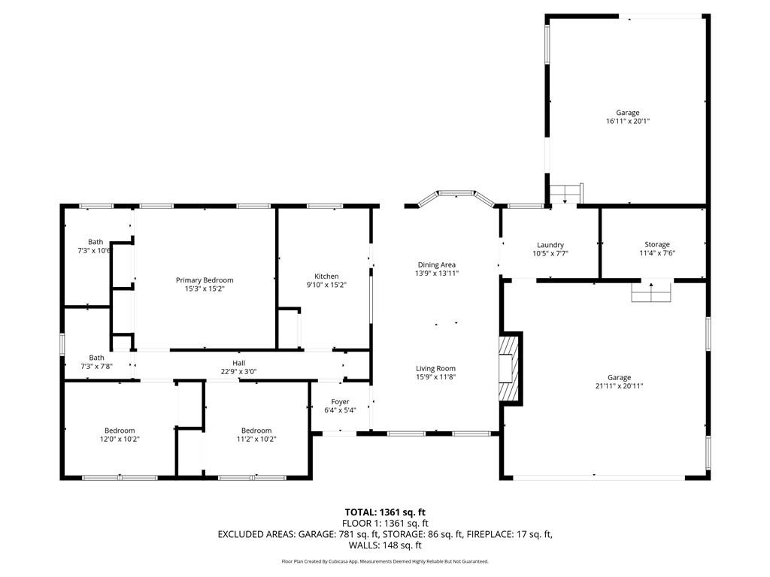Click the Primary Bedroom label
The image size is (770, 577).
click(x=205, y=280)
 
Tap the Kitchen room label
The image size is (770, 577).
click(x=326, y=276)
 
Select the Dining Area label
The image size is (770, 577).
click(x=437, y=265)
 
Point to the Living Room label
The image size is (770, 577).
click(x=435, y=368)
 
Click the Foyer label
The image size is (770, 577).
click(x=340, y=402)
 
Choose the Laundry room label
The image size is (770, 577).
click(x=550, y=245)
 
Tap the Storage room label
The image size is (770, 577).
click(x=657, y=244)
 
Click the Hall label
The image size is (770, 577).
click(x=238, y=363)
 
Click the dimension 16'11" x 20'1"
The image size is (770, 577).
click(x=628, y=121)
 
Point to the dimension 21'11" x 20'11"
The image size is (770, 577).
click(x=619, y=386)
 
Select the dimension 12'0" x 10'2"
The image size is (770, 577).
click(x=120, y=440)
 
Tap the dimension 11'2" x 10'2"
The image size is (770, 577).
click(x=256, y=440)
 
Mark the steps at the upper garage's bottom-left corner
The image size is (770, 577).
click(x=566, y=193)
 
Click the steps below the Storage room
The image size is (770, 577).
click(x=652, y=292)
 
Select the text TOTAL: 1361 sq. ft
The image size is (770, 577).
click(x=385, y=512)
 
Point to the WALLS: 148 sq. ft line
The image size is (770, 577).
click(x=385, y=545)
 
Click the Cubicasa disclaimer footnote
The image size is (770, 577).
click(x=385, y=561)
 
